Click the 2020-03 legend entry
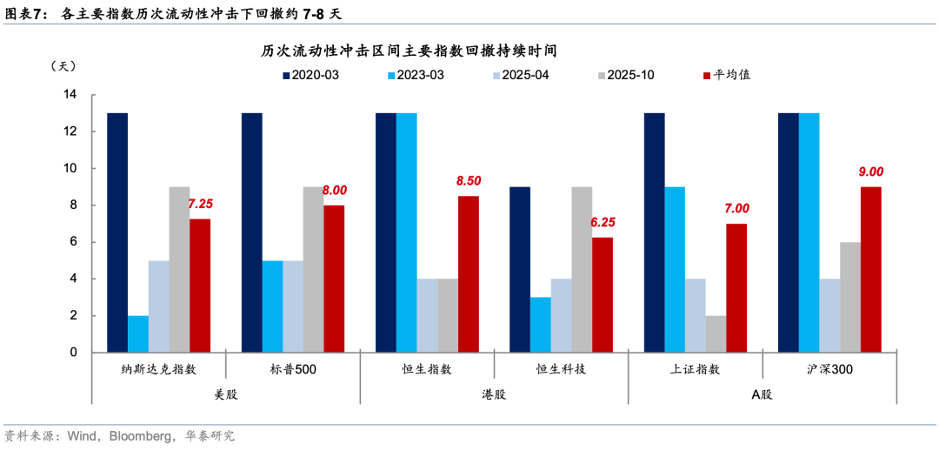[310, 75]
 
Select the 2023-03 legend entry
[415, 75]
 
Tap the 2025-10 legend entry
[623, 75]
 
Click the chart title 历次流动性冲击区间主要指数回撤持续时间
[409, 51]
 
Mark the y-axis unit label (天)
[64, 66]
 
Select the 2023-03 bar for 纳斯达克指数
[138, 333]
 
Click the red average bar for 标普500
[334, 279]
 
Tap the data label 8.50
[469, 181]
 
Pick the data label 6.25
[603, 222]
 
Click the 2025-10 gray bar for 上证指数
[716, 333]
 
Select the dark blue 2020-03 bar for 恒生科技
[519, 269]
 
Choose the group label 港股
[494, 394]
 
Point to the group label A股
[762, 394]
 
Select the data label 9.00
[871, 172]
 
